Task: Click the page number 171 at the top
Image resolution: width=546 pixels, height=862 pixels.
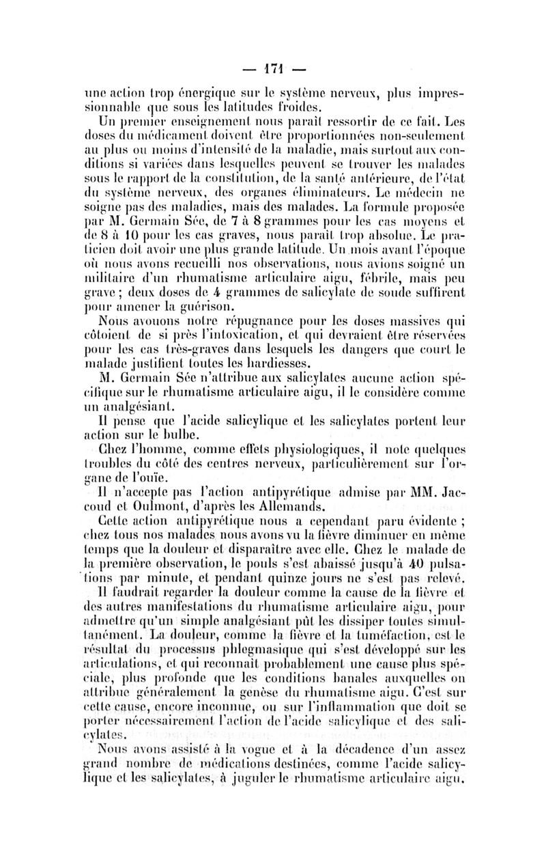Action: coord(272,69)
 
